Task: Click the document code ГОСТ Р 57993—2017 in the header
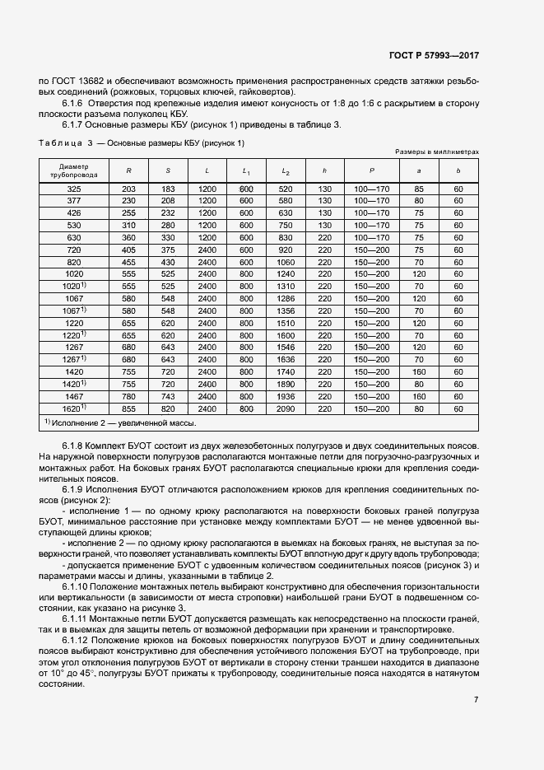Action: tap(433, 56)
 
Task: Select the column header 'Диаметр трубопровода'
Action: tap(73, 171)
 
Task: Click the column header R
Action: tap(128, 171)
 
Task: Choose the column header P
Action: tap(371, 171)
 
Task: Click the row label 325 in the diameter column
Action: tap(73, 189)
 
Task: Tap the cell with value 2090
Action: tap(286, 408)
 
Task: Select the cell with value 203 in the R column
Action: tap(128, 189)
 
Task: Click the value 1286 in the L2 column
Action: tap(286, 298)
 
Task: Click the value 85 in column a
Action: tap(419, 189)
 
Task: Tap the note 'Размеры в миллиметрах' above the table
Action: tap(436, 153)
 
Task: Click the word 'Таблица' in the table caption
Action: tap(59, 143)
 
